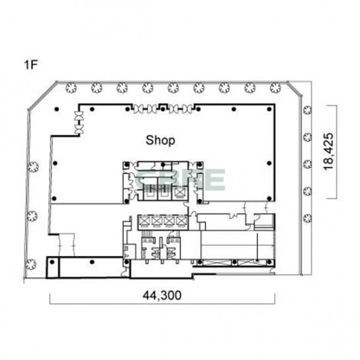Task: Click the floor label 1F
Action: coord(30,65)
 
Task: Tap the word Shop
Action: coord(160,140)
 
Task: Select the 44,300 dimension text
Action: coord(162,295)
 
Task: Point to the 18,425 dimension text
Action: coord(328,152)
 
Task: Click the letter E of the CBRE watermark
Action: coord(216,180)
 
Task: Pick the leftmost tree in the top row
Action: coord(71,88)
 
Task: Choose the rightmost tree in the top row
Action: coord(275,88)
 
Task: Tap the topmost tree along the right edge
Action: coord(308,111)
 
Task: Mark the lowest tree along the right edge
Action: coord(308,218)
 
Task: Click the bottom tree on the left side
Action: coord(30,264)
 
